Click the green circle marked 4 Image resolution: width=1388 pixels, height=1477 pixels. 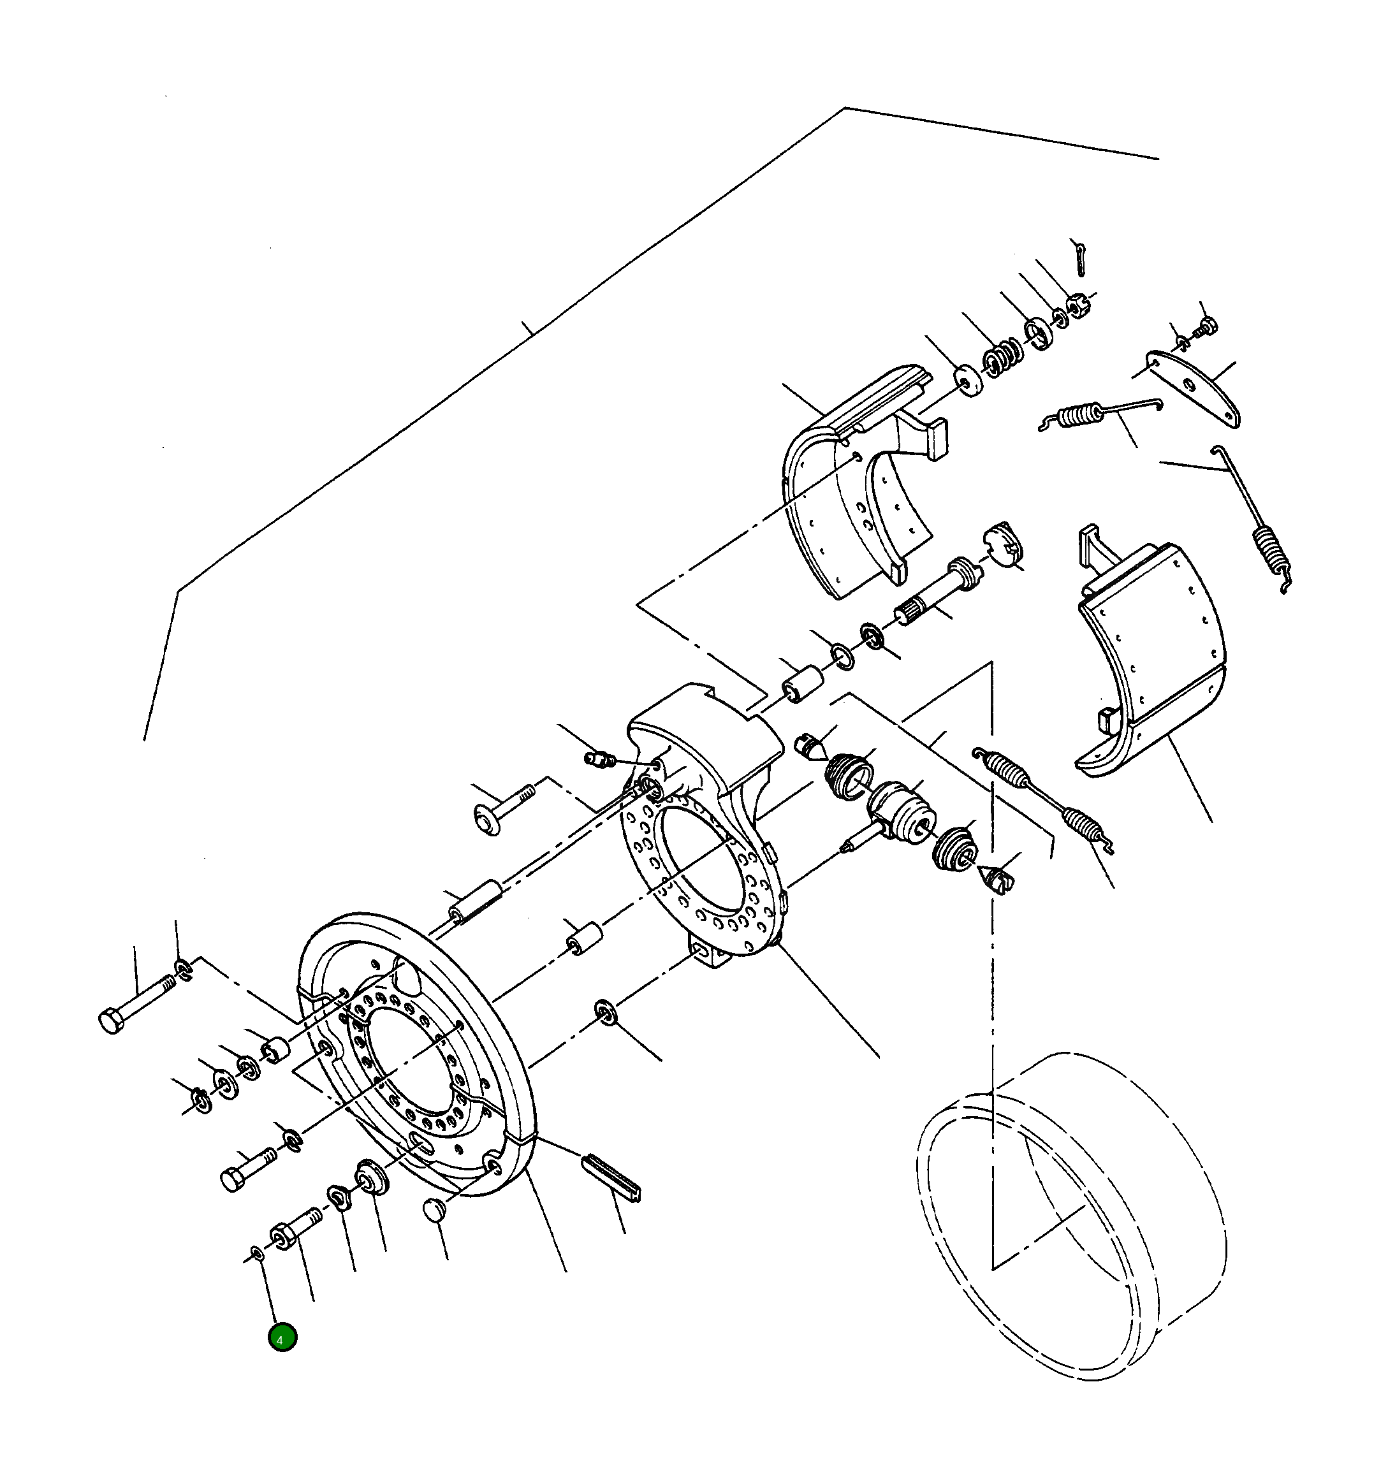point(282,1337)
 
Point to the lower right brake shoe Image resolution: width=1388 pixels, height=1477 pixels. point(1148,661)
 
